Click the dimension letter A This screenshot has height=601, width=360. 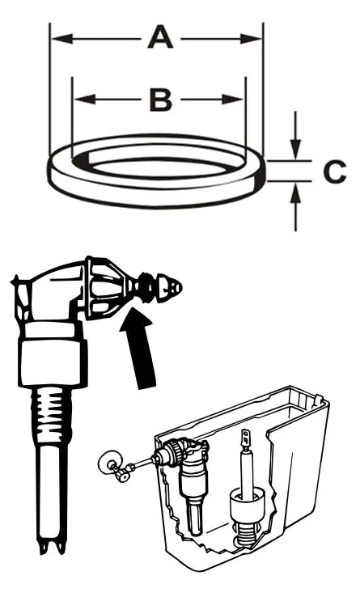(x=160, y=36)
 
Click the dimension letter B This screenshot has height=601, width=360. (x=161, y=99)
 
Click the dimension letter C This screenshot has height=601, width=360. (x=335, y=171)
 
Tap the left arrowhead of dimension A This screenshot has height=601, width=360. (x=61, y=39)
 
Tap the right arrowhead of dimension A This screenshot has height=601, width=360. (x=251, y=39)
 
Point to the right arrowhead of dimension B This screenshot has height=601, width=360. (x=233, y=99)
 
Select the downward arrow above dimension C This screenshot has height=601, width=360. (x=295, y=135)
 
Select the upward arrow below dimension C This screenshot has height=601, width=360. (x=295, y=207)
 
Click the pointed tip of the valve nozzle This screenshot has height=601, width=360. (x=180, y=286)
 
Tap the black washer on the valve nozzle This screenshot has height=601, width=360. (x=145, y=286)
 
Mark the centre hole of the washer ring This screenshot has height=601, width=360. (x=157, y=167)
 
